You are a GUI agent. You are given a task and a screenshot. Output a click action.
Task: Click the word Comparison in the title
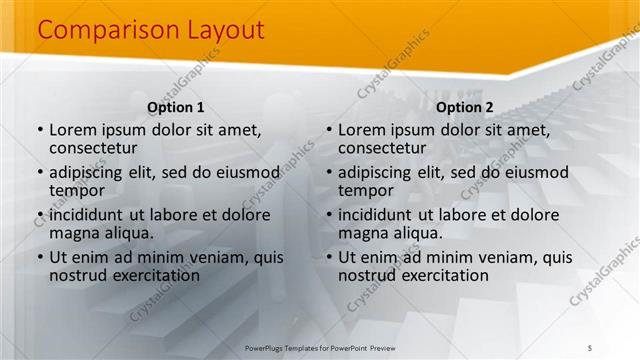[x=95, y=31]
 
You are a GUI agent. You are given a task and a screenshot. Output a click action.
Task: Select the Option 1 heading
[x=176, y=107]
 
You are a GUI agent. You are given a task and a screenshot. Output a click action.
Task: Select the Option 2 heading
[x=465, y=107]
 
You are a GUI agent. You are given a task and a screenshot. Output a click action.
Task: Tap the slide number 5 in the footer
[x=590, y=347]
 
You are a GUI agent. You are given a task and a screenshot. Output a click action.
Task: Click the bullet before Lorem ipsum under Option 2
[x=329, y=130]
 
